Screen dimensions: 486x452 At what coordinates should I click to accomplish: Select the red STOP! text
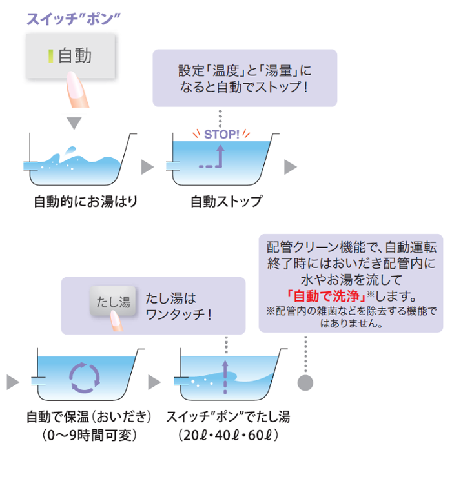(x=221, y=135)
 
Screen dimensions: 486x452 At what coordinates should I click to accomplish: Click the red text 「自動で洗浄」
(x=326, y=296)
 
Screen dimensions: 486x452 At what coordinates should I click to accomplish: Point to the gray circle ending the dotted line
(x=305, y=382)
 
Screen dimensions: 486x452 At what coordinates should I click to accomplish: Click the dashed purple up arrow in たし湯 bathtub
(x=225, y=376)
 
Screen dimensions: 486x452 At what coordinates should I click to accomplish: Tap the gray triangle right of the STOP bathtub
(x=291, y=167)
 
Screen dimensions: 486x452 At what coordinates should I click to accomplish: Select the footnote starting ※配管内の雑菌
(x=351, y=317)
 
